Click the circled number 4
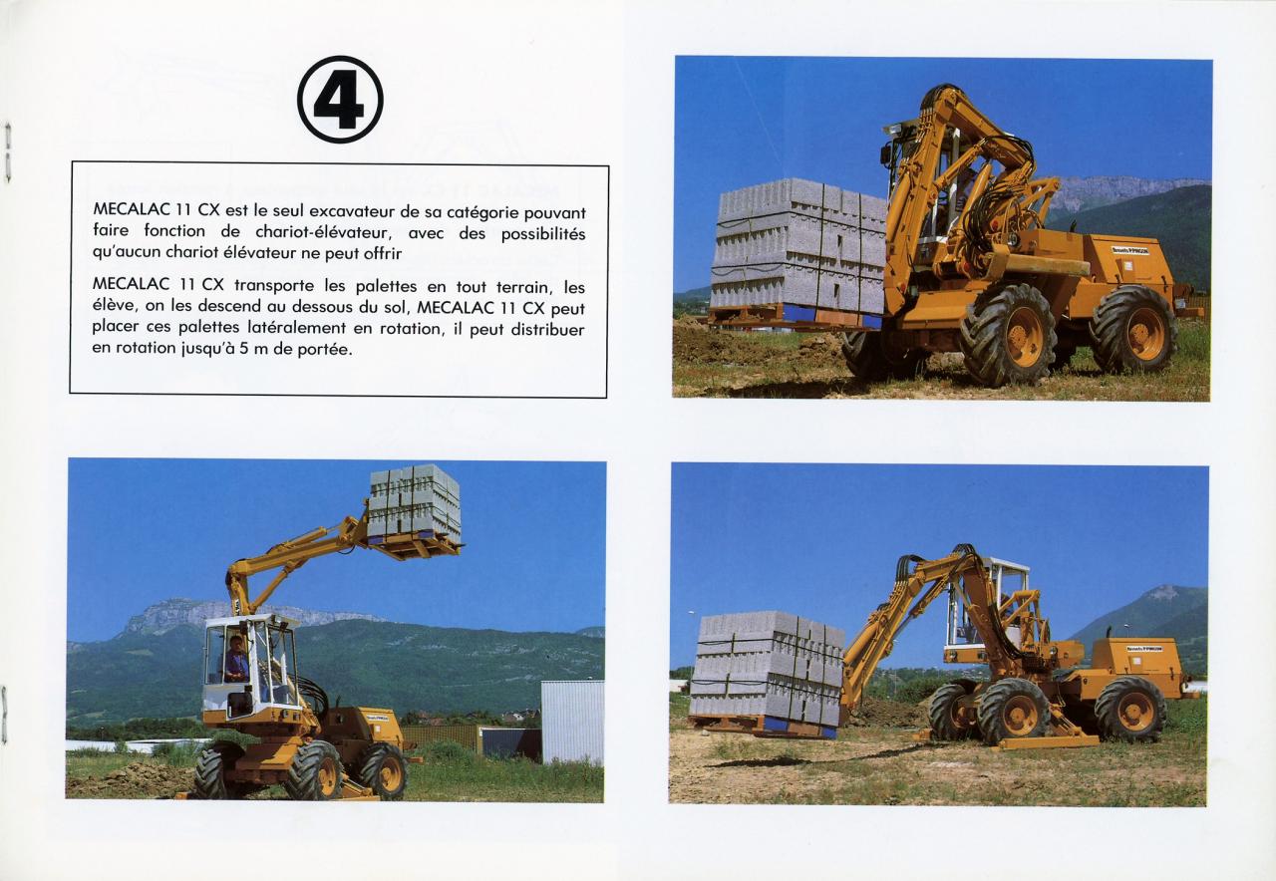[340, 100]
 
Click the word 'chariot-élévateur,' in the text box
[322, 232]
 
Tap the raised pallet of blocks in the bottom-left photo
[414, 503]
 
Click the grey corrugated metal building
[572, 722]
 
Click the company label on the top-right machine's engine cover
[1130, 250]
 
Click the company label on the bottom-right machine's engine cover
[1143, 649]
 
